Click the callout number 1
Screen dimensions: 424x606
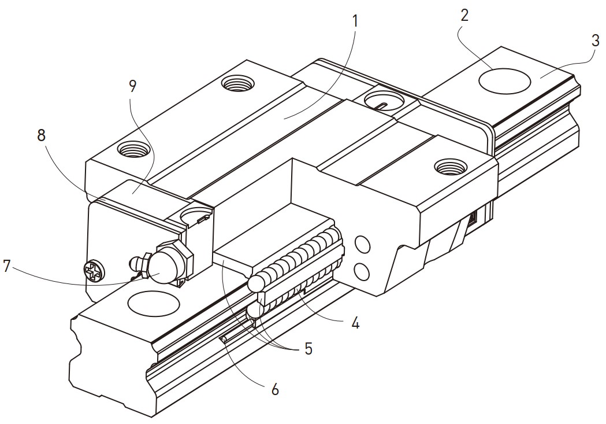point(355,21)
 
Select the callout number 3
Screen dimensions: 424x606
point(594,41)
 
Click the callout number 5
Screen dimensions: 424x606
point(308,348)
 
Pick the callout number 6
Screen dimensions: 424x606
point(275,389)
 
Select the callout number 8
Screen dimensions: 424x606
point(40,135)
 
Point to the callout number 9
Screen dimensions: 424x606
point(132,86)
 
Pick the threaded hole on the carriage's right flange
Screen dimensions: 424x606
point(451,168)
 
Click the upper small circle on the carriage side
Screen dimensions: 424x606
point(363,244)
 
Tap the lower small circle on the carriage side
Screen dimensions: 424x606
point(363,270)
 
